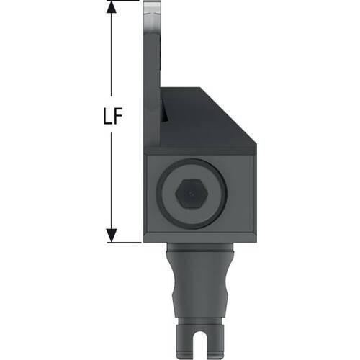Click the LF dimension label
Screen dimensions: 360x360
pyautogui.click(x=113, y=116)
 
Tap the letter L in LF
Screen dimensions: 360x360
pyautogui.click(x=107, y=116)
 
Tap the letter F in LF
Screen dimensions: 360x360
pyautogui.click(x=119, y=116)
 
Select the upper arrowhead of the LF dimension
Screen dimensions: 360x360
pyautogui.click(x=111, y=7)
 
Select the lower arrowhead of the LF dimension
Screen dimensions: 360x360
pyautogui.click(x=112, y=235)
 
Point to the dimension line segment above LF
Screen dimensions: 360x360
pyautogui.click(x=111, y=55)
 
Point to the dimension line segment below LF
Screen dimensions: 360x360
pyautogui.click(x=112, y=181)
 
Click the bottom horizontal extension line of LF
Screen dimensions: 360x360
pyautogui.click(x=124, y=243)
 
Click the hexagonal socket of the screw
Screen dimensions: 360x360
pyautogui.click(x=192, y=194)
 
